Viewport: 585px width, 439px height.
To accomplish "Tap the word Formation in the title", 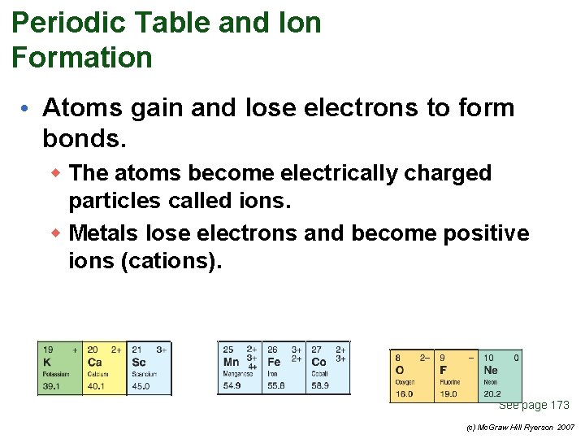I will tap(82, 58).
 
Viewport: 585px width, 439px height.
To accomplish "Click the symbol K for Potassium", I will tap(46, 363).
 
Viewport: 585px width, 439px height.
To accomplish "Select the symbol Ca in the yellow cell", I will tap(95, 363).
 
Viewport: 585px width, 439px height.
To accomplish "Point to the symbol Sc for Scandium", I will tap(139, 363).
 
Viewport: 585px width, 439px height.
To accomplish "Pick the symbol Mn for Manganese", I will tap(231, 362).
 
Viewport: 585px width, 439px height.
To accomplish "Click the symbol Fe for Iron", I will tap(275, 362).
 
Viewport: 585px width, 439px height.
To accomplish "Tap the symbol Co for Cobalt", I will tap(318, 362).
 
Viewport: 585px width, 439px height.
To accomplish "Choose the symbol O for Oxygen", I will tap(399, 370).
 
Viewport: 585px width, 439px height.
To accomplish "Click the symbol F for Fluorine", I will tap(444, 370).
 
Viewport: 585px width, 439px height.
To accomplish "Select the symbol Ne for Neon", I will tap(491, 370).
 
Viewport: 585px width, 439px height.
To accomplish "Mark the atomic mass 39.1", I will tap(50, 386).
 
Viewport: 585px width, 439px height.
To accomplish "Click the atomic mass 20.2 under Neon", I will tap(492, 394).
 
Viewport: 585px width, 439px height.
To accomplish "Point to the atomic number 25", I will tap(228, 350).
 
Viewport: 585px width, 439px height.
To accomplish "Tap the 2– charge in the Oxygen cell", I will tap(425, 357).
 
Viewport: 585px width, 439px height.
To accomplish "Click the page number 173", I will tap(560, 405).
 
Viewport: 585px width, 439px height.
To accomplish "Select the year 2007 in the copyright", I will tap(565, 428).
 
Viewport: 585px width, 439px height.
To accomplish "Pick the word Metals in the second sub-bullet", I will tap(104, 234).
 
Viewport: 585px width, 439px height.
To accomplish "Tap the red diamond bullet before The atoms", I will tap(58, 173).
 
